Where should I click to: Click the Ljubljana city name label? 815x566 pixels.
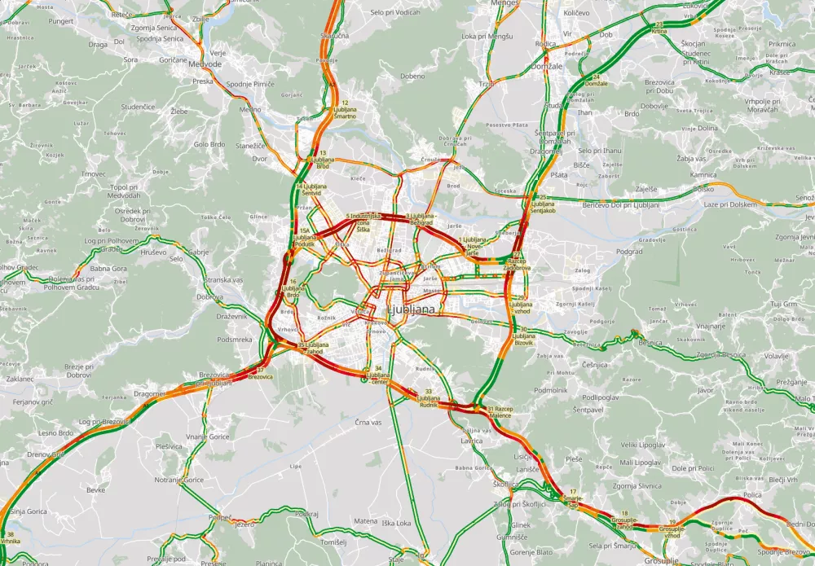click(415, 311)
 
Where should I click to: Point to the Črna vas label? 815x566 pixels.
click(368, 423)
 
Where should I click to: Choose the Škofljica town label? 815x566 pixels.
click(506, 484)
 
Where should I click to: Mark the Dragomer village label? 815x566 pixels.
click(149, 393)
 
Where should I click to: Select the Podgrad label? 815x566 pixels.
click(629, 252)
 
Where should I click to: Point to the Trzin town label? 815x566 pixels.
click(487, 84)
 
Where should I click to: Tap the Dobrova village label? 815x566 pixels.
click(209, 296)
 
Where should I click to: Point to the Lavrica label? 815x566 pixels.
click(471, 441)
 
